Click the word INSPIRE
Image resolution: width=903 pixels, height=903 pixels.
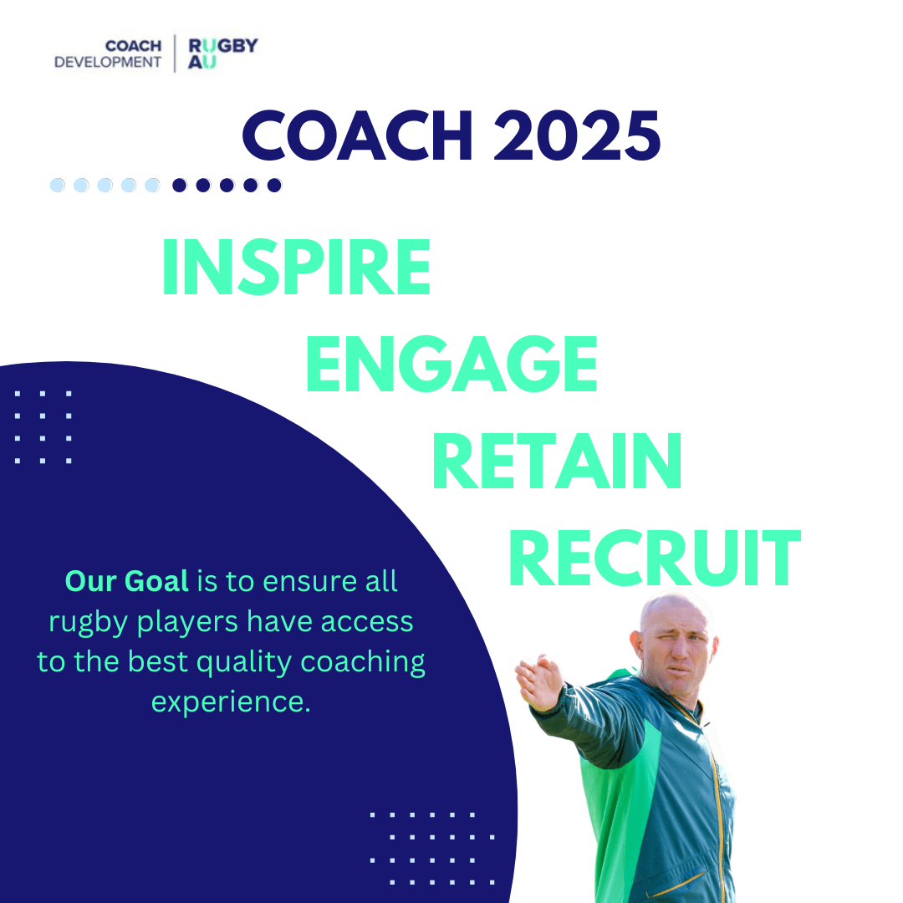click(295, 268)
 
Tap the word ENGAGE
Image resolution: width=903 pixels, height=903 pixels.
click(451, 364)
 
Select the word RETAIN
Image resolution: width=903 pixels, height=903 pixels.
click(557, 462)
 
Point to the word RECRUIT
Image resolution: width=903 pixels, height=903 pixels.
click(654, 559)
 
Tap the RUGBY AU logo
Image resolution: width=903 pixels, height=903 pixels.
click(222, 54)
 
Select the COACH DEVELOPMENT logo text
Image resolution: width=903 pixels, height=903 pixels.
click(108, 54)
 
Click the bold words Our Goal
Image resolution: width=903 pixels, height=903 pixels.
click(126, 581)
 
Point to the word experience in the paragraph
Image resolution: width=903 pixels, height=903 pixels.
click(231, 701)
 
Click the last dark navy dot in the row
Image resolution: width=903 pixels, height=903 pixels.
click(274, 185)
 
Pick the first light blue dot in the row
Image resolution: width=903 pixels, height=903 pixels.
click(58, 185)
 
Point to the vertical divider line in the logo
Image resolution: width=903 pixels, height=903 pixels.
click(175, 54)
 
